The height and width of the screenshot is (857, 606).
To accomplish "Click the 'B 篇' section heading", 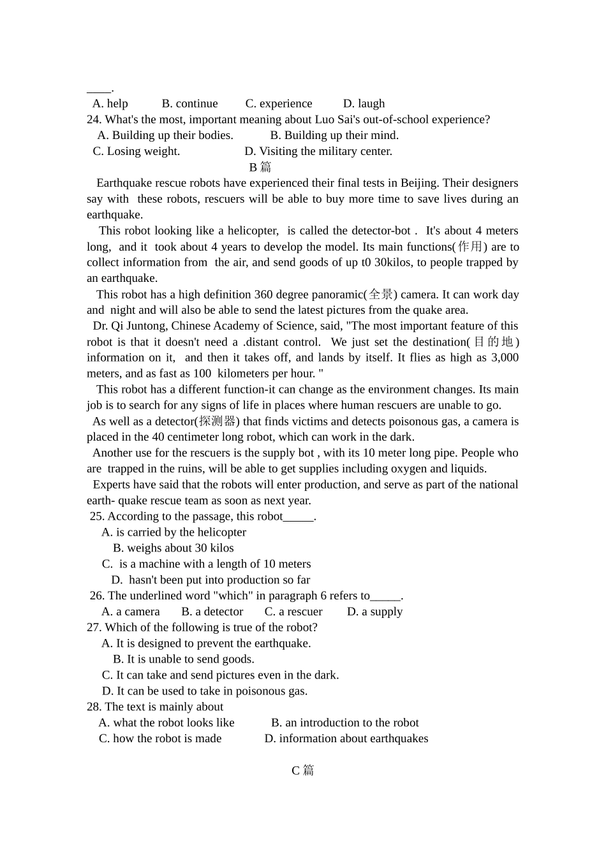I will (x=260, y=167).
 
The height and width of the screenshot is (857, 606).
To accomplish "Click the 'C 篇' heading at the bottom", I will (x=302, y=770).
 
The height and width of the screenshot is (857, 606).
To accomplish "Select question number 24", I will (x=94, y=119).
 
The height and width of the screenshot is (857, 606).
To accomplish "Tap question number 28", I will (x=94, y=707).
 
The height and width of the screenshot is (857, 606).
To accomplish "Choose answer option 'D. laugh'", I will (x=364, y=103).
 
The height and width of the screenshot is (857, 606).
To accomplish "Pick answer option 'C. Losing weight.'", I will (x=137, y=151).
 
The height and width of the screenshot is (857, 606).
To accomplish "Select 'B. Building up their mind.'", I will (x=334, y=135).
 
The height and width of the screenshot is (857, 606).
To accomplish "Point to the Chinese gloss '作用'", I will (x=470, y=247).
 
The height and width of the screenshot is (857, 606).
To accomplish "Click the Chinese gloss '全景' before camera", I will (x=381, y=295).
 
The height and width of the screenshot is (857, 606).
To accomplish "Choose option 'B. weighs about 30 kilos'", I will (x=174, y=548).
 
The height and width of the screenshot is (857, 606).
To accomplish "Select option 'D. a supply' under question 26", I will (x=374, y=612).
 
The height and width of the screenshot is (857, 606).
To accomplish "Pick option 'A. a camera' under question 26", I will (x=131, y=612).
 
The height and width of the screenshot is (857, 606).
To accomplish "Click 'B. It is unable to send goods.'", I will (x=184, y=659).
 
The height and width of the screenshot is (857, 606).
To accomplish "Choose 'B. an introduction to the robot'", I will (x=344, y=722).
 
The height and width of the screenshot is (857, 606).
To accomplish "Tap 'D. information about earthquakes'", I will (x=346, y=738).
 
